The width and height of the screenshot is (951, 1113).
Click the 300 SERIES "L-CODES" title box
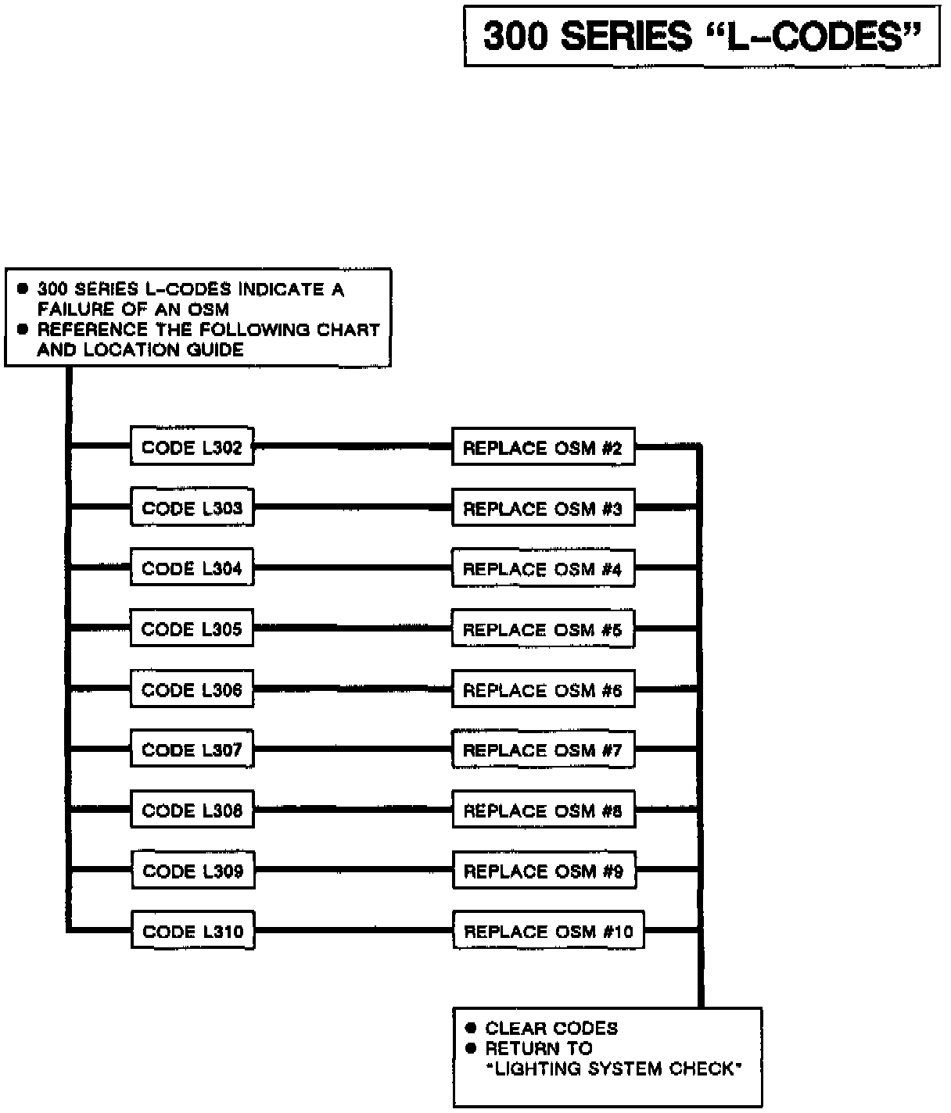(x=702, y=36)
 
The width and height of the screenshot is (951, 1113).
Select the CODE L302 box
(x=192, y=447)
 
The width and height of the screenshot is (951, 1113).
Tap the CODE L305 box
(x=192, y=628)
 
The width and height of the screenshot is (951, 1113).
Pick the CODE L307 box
(x=192, y=750)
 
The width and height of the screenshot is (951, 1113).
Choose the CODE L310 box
(x=193, y=931)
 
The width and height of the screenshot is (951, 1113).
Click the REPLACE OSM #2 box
(x=543, y=447)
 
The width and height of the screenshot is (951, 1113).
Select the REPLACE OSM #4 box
(x=543, y=568)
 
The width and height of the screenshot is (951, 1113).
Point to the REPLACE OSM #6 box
(x=543, y=689)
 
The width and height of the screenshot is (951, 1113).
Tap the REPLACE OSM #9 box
(x=544, y=871)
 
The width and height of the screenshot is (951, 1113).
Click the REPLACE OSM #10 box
(x=548, y=931)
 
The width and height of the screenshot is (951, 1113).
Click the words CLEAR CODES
(x=551, y=1028)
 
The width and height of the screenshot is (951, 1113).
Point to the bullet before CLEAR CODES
(x=471, y=1028)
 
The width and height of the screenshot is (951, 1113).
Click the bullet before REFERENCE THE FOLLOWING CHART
(x=23, y=329)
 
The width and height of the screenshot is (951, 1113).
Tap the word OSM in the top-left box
(x=209, y=309)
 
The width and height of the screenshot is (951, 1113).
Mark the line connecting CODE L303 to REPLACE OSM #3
(x=353, y=508)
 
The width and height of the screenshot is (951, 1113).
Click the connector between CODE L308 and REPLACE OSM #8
(x=353, y=811)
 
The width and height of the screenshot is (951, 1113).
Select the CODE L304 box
(x=192, y=568)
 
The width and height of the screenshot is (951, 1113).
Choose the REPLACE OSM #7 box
(x=543, y=750)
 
